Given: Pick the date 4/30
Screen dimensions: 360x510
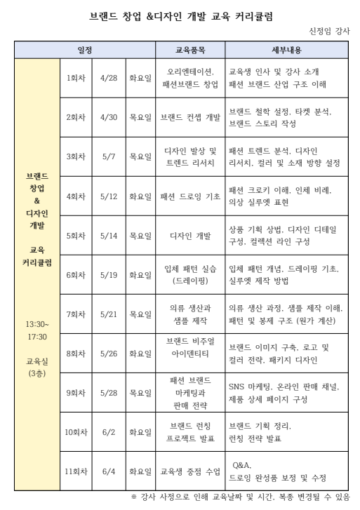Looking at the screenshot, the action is [109, 117].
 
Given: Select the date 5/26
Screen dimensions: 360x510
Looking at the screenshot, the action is [109, 354].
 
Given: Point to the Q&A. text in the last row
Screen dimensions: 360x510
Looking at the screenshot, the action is [241, 465].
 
